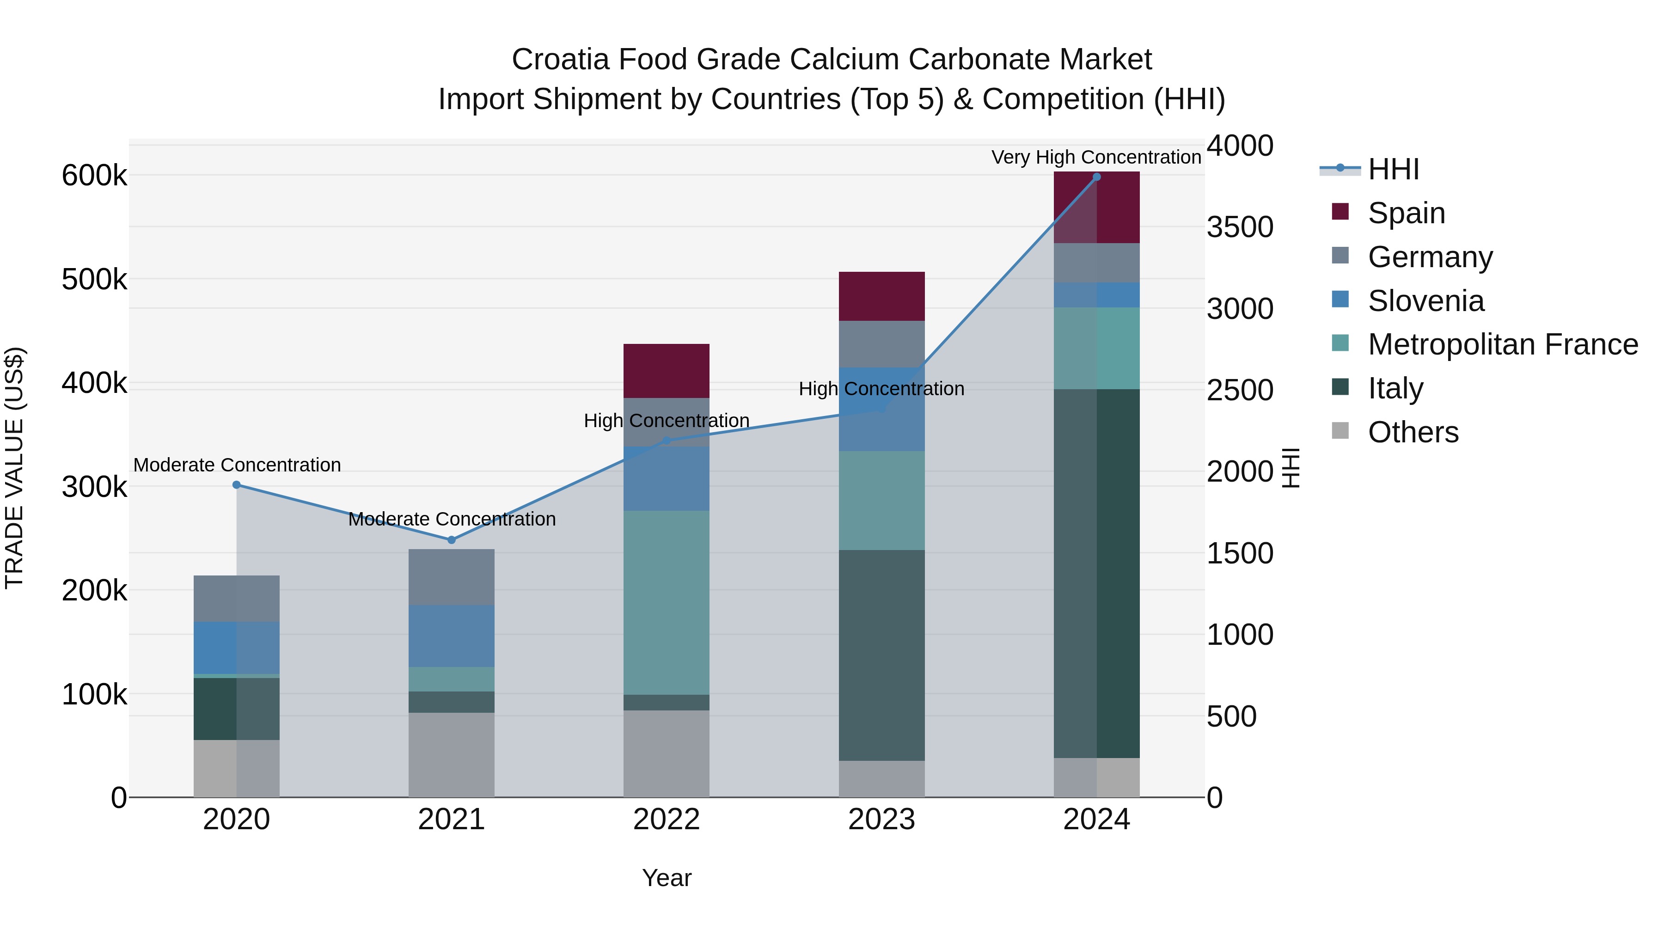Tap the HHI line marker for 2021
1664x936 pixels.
pos(452,540)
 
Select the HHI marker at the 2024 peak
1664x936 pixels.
pos(1096,177)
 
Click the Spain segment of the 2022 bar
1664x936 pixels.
pos(666,371)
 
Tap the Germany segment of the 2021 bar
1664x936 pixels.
pos(452,577)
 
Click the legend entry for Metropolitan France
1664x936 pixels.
pos(1503,344)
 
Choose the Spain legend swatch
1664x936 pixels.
pos(1340,212)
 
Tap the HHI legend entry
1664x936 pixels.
pos(1393,169)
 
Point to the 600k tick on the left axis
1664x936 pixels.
pos(94,175)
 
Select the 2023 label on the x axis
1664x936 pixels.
pos(881,820)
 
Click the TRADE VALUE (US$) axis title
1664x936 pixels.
pos(14,468)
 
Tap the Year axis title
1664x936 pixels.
pos(666,878)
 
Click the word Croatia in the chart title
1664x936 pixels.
pos(560,60)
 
